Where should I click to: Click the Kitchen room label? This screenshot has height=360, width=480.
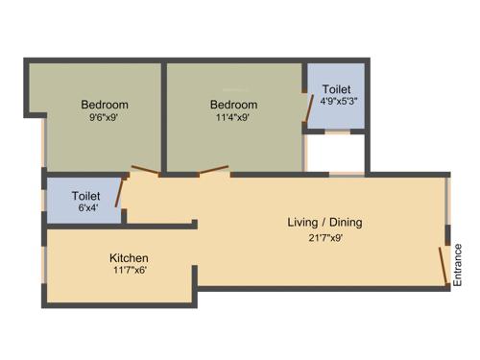coord(129,257)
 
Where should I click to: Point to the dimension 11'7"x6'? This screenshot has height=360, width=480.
coord(129,271)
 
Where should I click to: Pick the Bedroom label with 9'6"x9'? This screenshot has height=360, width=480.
coord(105,105)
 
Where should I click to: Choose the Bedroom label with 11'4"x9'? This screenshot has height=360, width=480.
coord(234,105)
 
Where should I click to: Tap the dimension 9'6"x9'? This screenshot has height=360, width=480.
coord(105,119)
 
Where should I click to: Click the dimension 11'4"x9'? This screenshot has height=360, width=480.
coord(234,119)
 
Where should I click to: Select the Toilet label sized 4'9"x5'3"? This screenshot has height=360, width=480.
coord(336,88)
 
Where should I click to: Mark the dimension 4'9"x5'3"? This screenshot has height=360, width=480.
coord(336,102)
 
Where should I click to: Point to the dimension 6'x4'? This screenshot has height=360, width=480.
coord(86,207)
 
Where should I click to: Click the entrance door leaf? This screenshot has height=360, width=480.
coord(444,266)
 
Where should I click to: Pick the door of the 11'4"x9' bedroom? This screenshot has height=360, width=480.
coord(213,171)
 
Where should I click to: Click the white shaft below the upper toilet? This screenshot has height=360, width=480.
coord(335,153)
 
